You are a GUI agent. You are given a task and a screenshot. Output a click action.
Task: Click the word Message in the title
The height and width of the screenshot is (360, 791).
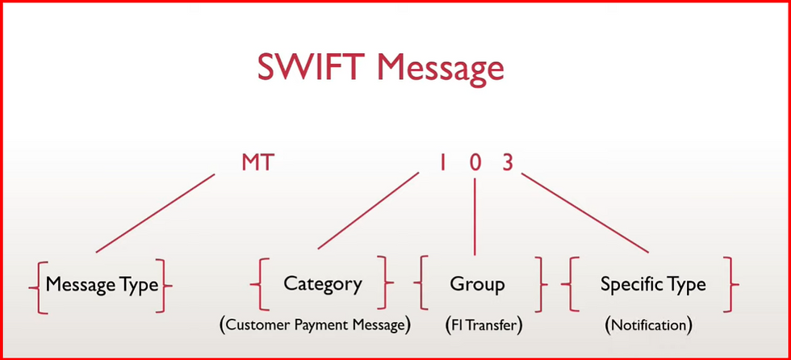click(441, 69)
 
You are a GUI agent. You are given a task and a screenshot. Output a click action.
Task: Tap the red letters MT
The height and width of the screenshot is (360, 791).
click(258, 162)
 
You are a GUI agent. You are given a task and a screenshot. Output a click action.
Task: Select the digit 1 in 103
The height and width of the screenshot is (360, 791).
click(442, 162)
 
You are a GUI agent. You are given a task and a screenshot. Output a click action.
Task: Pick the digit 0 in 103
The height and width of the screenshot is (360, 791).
click(475, 162)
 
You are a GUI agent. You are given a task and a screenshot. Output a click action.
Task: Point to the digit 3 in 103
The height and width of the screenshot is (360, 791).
click(507, 162)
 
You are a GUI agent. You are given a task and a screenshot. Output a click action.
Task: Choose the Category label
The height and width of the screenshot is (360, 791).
click(323, 284)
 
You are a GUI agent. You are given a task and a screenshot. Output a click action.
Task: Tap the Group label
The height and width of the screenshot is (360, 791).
click(477, 284)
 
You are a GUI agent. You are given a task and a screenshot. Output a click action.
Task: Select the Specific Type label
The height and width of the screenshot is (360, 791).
click(653, 284)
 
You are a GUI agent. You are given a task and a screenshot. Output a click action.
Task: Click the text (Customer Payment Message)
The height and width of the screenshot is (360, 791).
click(315, 326)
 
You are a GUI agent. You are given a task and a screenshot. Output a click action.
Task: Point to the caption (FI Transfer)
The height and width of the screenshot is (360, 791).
click(483, 326)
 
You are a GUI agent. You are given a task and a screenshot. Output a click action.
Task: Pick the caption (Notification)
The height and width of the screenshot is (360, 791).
click(648, 326)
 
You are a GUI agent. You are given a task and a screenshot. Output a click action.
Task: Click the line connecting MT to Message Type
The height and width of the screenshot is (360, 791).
click(155, 214)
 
